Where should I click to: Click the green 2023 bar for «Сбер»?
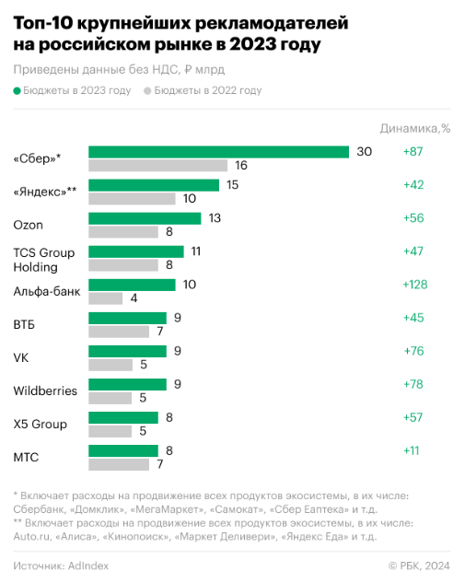218,152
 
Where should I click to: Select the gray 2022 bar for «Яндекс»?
132,199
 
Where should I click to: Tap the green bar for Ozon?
145,218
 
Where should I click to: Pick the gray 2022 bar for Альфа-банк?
105,298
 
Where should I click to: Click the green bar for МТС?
123,450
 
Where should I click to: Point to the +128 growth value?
415,285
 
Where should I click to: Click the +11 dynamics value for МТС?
411,450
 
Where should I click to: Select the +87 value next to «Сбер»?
413,152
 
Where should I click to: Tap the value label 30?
365,152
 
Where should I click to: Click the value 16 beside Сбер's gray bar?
241,166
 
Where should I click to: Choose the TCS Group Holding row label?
44,260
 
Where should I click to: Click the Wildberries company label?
45,391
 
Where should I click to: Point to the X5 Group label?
41,425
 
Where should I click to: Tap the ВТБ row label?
24,324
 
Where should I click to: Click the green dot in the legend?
17,91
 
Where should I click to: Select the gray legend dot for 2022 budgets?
147,91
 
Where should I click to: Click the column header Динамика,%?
415,129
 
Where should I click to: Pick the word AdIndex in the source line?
88,566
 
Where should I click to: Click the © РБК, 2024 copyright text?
419,566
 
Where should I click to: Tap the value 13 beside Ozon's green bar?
215,218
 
